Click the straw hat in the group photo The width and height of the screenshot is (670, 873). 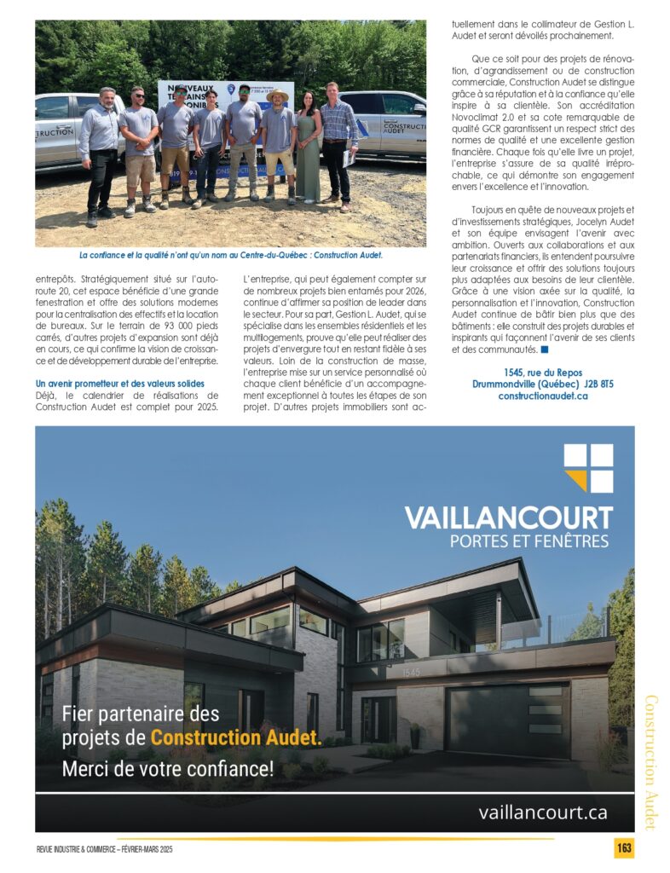pos(277,95)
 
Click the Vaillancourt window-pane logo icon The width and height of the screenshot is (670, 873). pos(588,467)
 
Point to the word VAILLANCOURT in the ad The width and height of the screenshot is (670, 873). pos(508,517)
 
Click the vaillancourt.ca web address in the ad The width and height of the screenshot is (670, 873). pos(543,812)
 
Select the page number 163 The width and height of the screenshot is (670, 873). pos(623,849)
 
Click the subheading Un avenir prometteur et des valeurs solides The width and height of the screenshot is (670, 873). pos(121,383)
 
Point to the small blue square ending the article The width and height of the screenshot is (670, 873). pos(544,350)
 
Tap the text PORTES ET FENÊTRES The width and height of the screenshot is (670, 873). pos(528,541)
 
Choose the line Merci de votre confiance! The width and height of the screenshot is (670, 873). pos(168,769)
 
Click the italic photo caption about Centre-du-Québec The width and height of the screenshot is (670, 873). pos(230,255)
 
